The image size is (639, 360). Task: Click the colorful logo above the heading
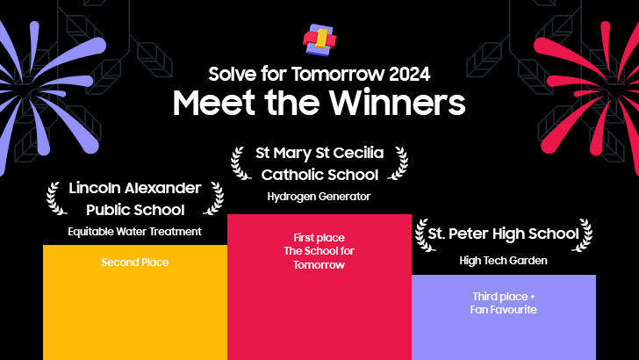(319, 39)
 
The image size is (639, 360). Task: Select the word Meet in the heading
(209, 103)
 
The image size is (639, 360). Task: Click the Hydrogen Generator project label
(319, 197)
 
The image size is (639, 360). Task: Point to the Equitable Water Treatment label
(134, 232)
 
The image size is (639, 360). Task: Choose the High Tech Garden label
(503, 261)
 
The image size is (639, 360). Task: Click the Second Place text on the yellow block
(134, 263)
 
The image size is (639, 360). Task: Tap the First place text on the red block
(319, 238)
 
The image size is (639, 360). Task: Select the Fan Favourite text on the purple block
(503, 310)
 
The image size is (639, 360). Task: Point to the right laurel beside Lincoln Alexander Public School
(213, 198)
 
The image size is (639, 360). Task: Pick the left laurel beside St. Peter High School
(420, 234)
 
